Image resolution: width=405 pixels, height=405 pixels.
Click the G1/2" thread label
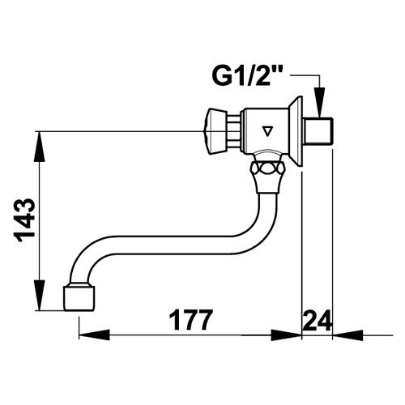coord(245,76)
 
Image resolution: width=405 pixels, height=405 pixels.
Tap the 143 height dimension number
coord(24,221)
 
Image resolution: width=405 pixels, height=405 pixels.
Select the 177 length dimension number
coord(191,320)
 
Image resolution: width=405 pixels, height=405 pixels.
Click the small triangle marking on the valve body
coord(267,131)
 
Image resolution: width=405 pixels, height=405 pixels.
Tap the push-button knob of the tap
coord(215,132)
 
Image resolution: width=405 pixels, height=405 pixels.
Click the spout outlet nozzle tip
coord(79,298)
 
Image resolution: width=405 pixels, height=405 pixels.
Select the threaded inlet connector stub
coord(318,131)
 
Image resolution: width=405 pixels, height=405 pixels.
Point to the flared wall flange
coord(296,131)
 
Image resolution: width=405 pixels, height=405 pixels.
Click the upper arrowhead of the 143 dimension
coord(40,147)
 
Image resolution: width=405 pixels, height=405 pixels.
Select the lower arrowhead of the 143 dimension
coord(40,296)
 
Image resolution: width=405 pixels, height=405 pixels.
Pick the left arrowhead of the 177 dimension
coord(94,335)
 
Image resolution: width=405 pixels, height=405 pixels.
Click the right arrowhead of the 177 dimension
coord(286,335)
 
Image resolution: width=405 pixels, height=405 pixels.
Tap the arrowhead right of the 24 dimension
coord(348,335)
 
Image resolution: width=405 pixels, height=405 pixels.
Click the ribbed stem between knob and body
coord(233,132)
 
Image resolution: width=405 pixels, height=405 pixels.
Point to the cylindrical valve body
coord(265,132)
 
